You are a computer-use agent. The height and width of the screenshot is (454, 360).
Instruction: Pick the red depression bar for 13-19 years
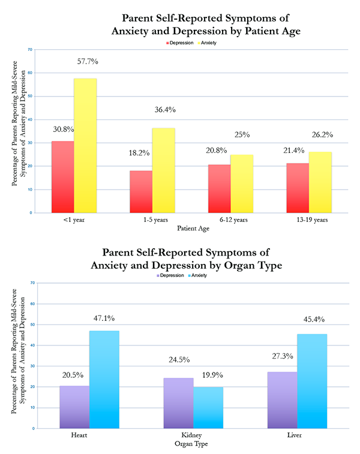298,188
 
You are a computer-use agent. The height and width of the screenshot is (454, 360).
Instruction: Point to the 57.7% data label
88,62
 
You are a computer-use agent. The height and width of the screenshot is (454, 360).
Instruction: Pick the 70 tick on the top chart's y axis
29,50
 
